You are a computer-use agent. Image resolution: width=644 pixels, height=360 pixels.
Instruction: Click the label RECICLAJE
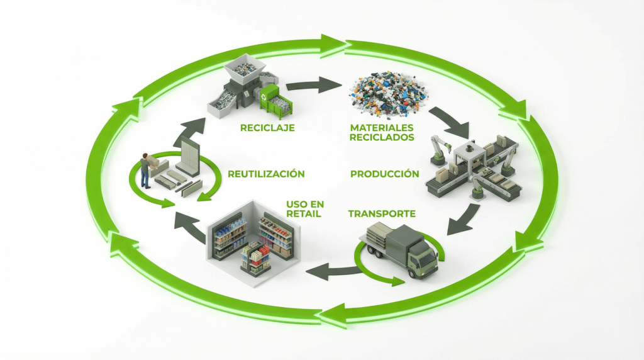(x=267, y=128)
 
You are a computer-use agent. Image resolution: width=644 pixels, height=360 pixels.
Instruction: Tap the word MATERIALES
(x=382, y=127)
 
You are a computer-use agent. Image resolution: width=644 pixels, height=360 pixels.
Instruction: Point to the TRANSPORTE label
(x=382, y=213)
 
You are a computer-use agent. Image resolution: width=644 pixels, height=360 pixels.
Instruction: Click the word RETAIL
(x=304, y=214)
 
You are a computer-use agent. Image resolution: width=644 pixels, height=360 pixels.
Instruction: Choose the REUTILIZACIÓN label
(x=267, y=174)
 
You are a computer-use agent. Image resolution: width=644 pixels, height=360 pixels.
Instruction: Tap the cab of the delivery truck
(x=422, y=254)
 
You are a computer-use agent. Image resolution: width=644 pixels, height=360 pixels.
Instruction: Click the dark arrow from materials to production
(x=450, y=121)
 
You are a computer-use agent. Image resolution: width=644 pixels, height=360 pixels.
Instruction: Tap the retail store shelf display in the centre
(x=256, y=257)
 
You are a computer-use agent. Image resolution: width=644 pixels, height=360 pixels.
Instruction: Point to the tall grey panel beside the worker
(x=189, y=156)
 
